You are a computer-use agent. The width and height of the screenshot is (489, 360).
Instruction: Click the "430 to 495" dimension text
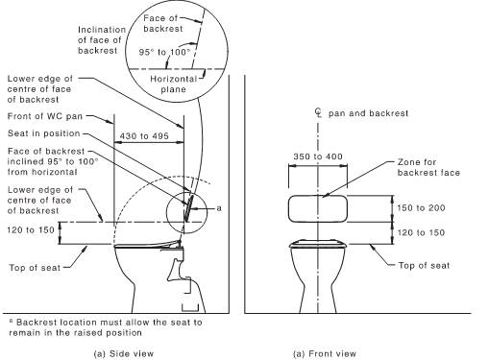point(144,136)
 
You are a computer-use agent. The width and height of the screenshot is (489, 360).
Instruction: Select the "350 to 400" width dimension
point(318,156)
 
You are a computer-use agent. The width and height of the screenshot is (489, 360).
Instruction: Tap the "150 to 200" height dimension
point(421,208)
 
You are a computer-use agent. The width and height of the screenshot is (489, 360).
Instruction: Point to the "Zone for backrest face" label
point(428,167)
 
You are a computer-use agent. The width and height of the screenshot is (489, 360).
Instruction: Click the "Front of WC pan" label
point(45,116)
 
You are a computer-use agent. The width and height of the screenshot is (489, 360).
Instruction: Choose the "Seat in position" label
point(44,133)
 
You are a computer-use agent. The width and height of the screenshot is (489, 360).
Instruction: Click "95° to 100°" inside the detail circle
point(164,52)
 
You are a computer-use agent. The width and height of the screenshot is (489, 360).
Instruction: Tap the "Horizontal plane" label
point(173,84)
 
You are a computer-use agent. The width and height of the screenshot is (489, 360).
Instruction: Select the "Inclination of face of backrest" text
point(102,40)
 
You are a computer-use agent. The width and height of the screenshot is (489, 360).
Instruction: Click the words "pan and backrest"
point(368,113)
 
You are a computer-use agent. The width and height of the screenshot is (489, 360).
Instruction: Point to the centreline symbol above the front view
point(318,112)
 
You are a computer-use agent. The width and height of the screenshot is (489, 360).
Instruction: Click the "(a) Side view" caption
point(124,353)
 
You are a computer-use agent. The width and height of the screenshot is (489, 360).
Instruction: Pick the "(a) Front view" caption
point(325,353)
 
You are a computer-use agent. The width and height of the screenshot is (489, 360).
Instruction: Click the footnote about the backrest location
point(106,327)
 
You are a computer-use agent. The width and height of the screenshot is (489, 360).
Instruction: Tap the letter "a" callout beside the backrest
point(219,208)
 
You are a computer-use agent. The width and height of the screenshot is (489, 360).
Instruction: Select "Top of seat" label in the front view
point(424,265)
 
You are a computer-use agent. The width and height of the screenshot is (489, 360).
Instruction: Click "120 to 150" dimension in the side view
point(31,229)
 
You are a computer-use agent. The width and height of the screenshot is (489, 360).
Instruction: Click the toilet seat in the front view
point(318,244)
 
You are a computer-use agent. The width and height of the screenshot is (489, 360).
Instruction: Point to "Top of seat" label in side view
point(35,267)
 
